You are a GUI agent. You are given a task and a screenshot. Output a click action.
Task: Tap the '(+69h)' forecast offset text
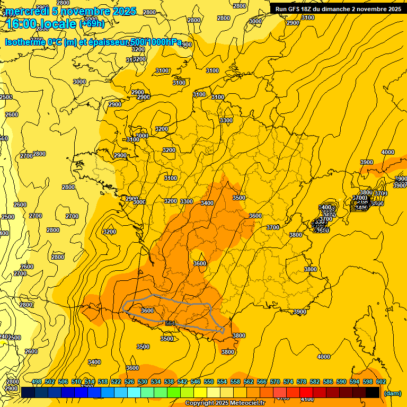pyautogui.click(x=92, y=24)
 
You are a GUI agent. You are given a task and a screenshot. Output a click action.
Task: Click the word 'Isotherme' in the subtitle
pyautogui.click(x=24, y=42)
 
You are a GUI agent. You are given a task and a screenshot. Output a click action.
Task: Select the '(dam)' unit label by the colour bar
pyautogui.click(x=392, y=393)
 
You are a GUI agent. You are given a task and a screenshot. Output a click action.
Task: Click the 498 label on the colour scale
pyautogui.click(x=37, y=382)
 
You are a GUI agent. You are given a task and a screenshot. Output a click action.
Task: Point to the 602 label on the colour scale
pyautogui.click(x=381, y=382)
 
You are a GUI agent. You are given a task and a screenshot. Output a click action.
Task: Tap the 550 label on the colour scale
pyautogui.click(x=209, y=382)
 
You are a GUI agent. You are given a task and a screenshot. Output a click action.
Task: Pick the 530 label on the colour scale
pyautogui.click(x=143, y=382)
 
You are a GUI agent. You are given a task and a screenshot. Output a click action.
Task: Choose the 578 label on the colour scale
pyautogui.click(x=301, y=382)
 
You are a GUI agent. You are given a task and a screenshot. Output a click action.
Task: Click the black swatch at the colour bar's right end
pyautogui.click(x=373, y=392)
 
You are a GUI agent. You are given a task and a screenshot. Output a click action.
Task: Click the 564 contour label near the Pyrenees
pyautogui.click(x=170, y=323)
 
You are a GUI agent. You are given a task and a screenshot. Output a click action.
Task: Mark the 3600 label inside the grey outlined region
pyautogui.click(x=147, y=311)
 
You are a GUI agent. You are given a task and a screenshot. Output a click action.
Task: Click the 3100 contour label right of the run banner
pyautogui.click(x=307, y=17)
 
